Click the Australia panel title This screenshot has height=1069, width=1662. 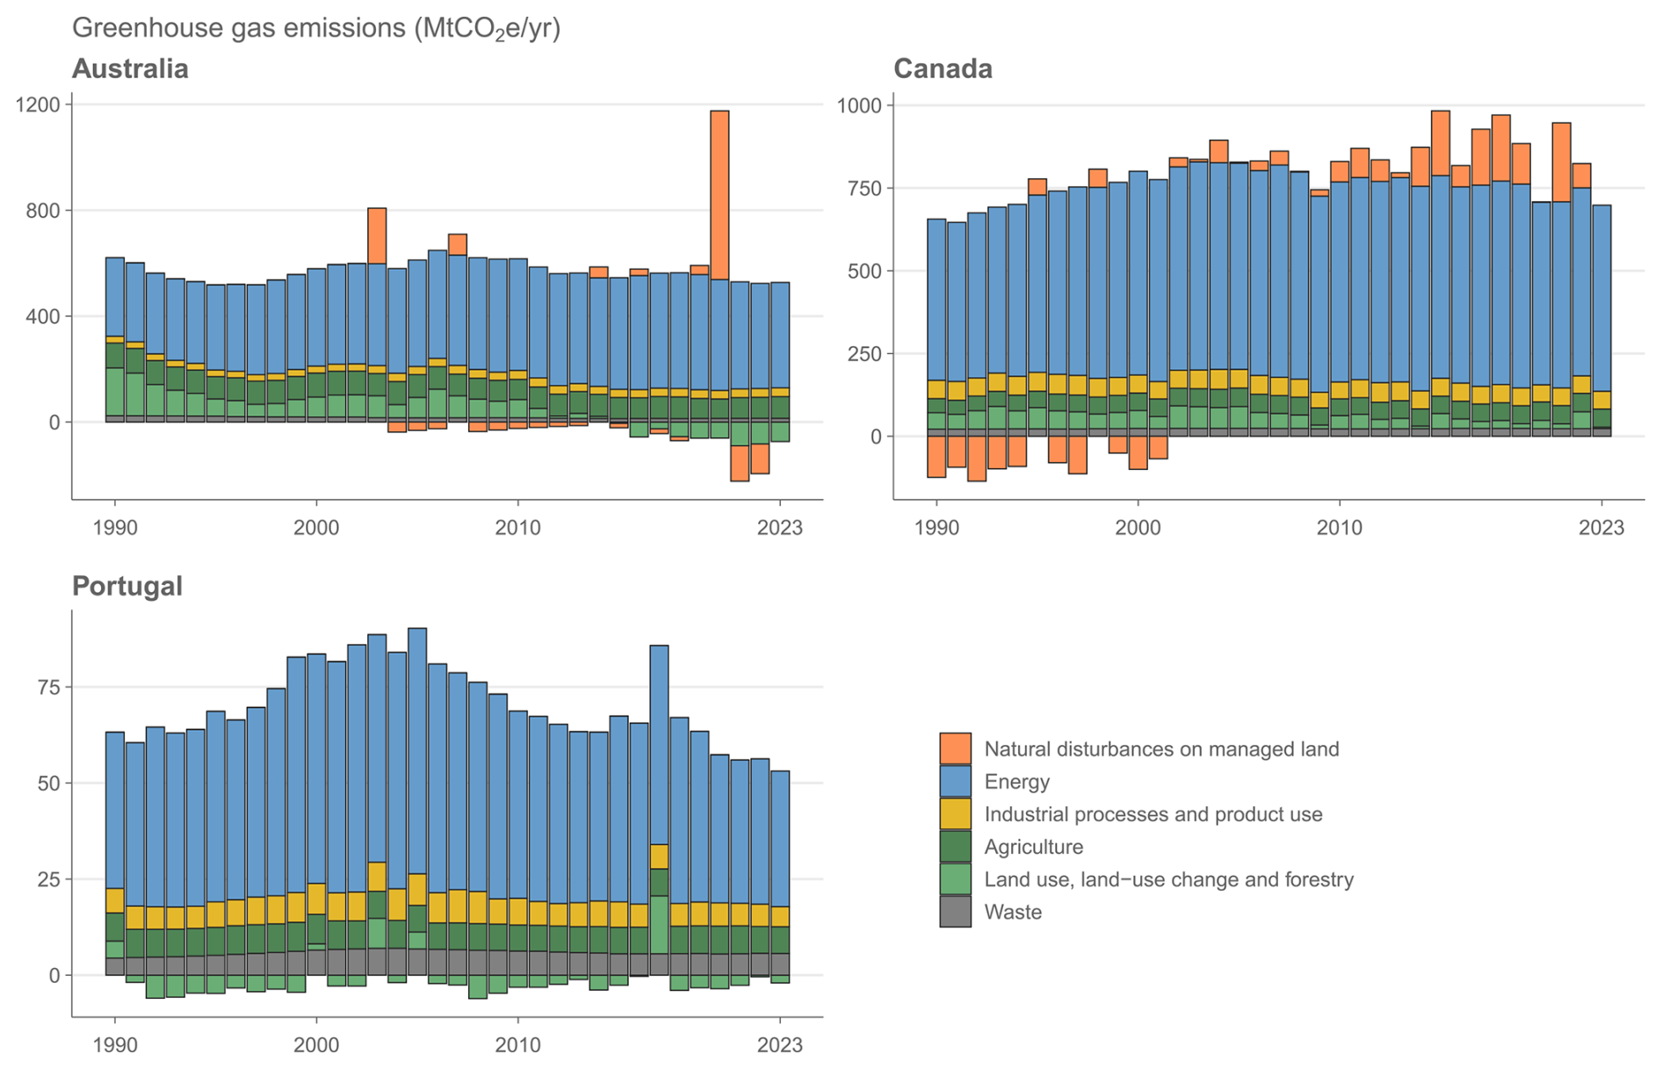[130, 69]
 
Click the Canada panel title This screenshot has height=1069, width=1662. [943, 69]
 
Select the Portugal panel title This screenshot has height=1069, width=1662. [127, 586]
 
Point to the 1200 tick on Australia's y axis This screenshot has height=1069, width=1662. [38, 105]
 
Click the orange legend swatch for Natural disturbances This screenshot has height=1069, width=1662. [955, 748]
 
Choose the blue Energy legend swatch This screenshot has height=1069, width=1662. [955, 781]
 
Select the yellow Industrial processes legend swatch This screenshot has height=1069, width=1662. [955, 813]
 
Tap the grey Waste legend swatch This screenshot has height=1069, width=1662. [955, 912]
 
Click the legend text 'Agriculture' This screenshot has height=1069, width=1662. [1033, 847]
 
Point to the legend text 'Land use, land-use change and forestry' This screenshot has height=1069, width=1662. [1168, 879]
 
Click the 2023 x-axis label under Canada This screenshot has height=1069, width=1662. [1601, 528]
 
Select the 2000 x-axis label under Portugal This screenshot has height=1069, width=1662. [316, 1045]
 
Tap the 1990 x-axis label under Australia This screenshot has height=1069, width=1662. [114, 528]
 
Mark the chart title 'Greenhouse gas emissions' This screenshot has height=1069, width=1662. [315, 28]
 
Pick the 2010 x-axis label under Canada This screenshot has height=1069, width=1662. [1339, 528]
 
